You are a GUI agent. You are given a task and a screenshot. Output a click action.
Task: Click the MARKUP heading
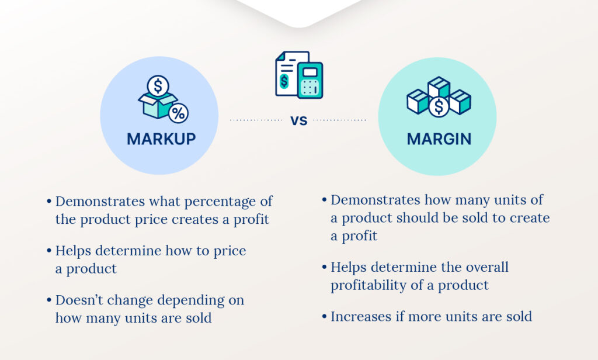point(161,140)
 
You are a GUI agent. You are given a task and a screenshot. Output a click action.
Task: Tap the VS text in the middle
point(299,121)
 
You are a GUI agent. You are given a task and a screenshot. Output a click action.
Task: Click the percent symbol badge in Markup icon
point(178,113)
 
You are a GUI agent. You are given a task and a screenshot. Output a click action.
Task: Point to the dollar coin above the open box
point(158,86)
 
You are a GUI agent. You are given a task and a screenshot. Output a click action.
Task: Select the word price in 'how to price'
point(231,251)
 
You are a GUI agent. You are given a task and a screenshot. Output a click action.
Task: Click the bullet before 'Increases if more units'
point(324,317)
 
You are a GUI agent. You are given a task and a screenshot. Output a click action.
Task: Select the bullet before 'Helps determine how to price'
point(49,251)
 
